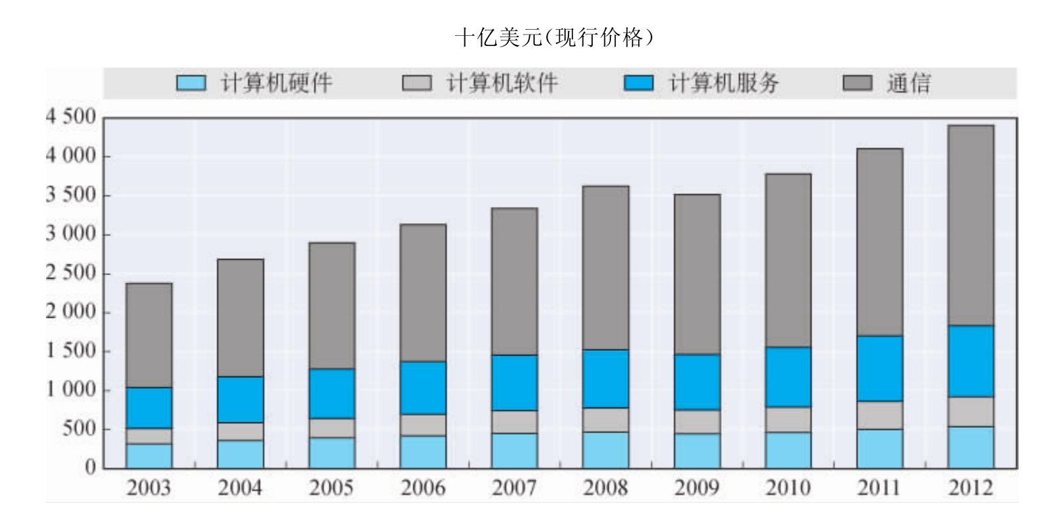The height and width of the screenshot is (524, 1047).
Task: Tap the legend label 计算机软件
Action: point(502,84)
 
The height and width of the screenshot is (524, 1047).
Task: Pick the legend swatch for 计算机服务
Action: point(638,84)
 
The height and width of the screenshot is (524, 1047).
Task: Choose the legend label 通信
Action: point(908,84)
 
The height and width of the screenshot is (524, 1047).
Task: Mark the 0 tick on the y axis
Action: point(89,468)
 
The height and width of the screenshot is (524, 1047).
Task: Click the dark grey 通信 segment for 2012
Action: point(971,225)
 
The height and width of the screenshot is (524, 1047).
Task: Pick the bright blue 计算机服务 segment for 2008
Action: point(606,379)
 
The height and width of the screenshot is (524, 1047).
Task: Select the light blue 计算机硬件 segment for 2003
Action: point(149,456)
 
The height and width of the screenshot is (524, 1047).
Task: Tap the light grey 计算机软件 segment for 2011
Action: point(879,415)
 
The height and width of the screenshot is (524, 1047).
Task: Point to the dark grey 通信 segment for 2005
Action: point(332,306)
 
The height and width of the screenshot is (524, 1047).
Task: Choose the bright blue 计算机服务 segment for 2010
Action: point(788,377)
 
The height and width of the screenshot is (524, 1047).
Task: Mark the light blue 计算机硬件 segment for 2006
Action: point(423,452)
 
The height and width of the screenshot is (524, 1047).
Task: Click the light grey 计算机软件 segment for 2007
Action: point(514,422)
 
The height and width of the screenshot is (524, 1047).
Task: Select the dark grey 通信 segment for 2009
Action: point(697,274)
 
